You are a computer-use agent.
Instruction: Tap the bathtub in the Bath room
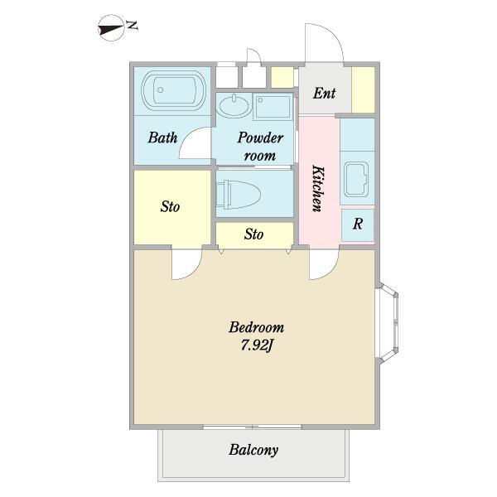pyautogui.click(x=173, y=90)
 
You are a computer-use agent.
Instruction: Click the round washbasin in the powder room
pyautogui.click(x=234, y=106)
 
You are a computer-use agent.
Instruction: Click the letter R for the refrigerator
pyautogui.click(x=358, y=224)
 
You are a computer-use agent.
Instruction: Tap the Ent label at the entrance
pyautogui.click(x=324, y=93)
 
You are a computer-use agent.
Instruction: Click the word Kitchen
pyautogui.click(x=318, y=188)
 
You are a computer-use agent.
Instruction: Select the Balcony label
pyautogui.click(x=253, y=450)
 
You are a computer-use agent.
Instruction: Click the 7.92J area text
pyautogui.click(x=257, y=345)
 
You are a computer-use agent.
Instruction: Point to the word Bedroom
pyautogui.click(x=257, y=327)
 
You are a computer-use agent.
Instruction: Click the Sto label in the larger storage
pyautogui.click(x=170, y=206)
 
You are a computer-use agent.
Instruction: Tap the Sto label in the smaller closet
pyautogui.click(x=254, y=234)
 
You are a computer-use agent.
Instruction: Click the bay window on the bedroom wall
pyautogui.click(x=388, y=322)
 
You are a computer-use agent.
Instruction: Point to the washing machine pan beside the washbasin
pyautogui.click(x=273, y=107)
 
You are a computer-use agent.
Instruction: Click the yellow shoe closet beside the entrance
pyautogui.click(x=364, y=89)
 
